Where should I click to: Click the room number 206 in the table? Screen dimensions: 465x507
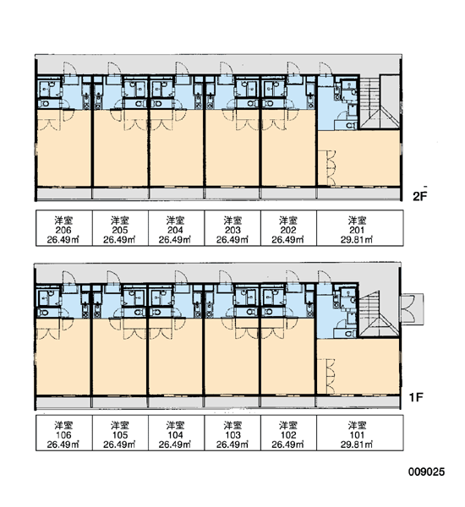click(63, 230)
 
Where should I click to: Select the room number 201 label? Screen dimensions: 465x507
click(357, 230)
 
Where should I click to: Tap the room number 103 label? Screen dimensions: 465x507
click(232, 435)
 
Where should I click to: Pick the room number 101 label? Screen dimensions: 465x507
click(357, 435)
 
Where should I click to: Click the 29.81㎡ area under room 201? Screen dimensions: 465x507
click(357, 240)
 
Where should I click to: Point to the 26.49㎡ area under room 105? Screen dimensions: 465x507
click(119, 444)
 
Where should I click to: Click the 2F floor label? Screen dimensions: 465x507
click(419, 196)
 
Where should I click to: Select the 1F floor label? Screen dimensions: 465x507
click(416, 397)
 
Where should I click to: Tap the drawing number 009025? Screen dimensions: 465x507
click(426, 472)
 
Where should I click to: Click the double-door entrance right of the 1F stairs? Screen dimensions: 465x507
click(412, 308)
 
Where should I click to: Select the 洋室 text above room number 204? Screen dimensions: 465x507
click(175, 221)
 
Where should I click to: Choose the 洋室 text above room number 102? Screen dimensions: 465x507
click(288, 425)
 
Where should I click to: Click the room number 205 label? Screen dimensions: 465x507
click(119, 230)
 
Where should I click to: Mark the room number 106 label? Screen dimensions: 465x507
click(63, 435)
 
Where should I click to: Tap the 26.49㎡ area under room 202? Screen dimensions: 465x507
click(288, 240)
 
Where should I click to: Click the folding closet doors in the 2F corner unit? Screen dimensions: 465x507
click(331, 168)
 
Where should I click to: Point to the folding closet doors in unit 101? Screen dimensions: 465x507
click(330, 376)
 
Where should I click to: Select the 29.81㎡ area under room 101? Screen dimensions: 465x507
click(357, 444)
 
